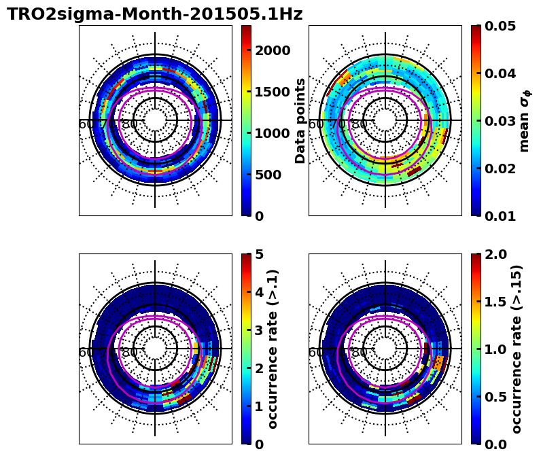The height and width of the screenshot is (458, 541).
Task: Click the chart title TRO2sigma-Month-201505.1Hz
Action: [154, 14]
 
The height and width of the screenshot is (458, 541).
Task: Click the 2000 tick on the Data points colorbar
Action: [272, 50]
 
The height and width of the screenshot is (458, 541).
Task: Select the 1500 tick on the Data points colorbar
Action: [272, 92]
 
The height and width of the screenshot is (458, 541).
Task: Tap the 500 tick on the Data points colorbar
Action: [268, 175]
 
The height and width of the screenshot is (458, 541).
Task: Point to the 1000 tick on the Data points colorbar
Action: [272, 133]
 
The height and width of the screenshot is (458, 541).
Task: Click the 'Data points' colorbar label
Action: [300, 120]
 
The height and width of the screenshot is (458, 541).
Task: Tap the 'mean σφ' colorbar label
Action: [525, 120]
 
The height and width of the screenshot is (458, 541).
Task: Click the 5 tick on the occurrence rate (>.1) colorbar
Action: [259, 254]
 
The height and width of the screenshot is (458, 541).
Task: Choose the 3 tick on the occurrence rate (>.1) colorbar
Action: [259, 330]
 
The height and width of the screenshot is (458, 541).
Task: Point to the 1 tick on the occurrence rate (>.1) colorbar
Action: [259, 406]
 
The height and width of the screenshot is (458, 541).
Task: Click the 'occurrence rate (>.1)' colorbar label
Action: [273, 349]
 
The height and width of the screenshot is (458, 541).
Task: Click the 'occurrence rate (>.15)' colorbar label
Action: [517, 349]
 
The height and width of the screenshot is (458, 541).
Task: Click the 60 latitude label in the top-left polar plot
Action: [86, 124]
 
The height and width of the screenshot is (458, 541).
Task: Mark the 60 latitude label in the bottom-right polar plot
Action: [316, 353]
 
